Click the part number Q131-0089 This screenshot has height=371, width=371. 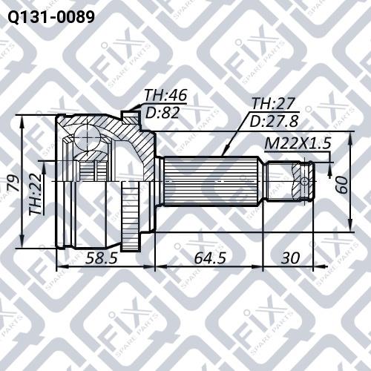[51, 17]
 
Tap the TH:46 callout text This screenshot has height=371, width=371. [165, 95]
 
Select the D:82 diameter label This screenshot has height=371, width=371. [162, 113]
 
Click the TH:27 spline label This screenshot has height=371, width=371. [273, 103]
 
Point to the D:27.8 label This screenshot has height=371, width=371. [275, 121]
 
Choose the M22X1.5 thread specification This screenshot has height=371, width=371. [298, 143]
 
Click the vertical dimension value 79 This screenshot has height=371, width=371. [14, 183]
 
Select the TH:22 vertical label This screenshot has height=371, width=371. [36, 194]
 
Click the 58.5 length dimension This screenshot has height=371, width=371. [101, 258]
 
